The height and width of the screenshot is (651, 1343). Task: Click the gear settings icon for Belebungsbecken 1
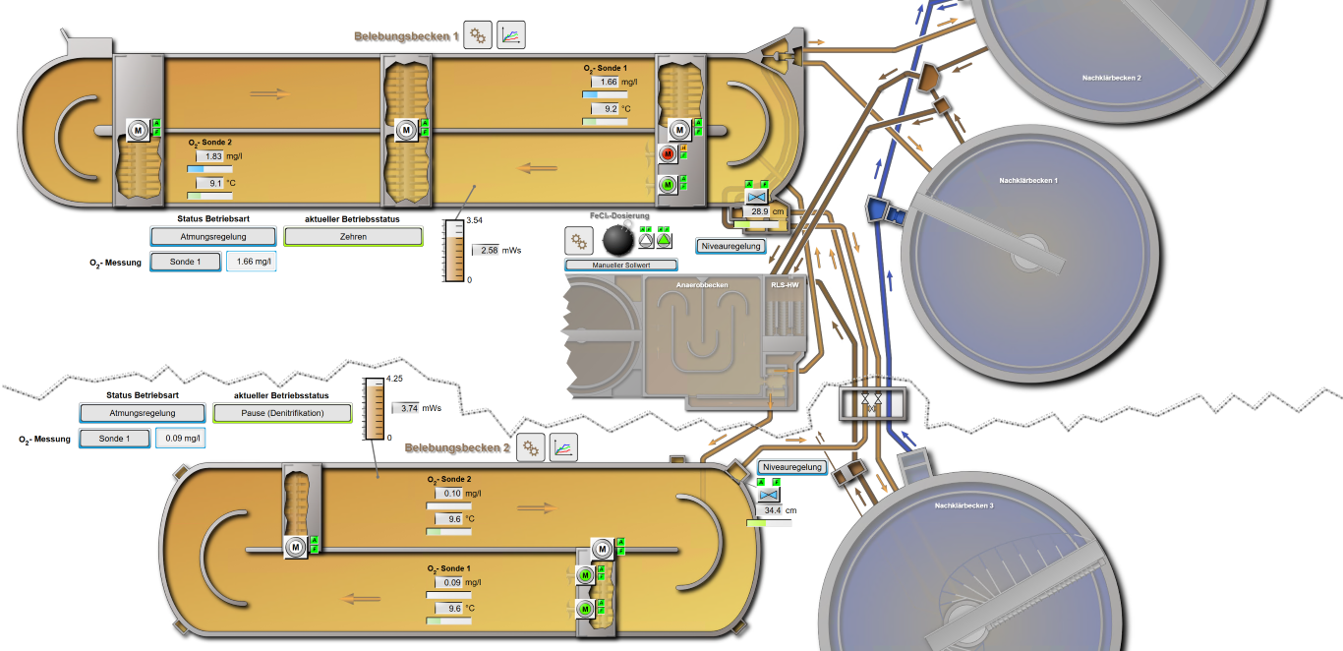click(x=478, y=35)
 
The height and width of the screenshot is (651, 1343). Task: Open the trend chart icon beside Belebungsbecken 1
click(x=511, y=35)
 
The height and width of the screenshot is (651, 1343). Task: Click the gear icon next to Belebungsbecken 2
click(x=531, y=447)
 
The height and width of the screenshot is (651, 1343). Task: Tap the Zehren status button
click(x=353, y=236)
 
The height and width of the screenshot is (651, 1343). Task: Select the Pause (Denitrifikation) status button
click(x=282, y=413)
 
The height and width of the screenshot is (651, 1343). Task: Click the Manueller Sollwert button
click(x=621, y=266)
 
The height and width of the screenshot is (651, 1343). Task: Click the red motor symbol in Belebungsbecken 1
click(x=669, y=153)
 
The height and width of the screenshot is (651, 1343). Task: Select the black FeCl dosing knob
click(x=616, y=238)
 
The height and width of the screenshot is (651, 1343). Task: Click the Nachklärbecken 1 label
click(x=1027, y=180)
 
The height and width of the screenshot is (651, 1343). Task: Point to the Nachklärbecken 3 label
click(x=963, y=505)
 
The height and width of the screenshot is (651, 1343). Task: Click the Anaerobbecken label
click(x=702, y=285)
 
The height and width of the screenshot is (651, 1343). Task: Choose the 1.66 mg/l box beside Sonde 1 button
click(x=252, y=262)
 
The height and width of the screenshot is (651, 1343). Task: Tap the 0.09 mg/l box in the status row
click(x=181, y=439)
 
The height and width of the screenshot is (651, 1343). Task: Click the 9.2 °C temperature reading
click(x=608, y=109)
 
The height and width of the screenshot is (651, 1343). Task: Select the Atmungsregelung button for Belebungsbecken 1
click(x=212, y=236)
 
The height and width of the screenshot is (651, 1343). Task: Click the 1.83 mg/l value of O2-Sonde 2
click(x=211, y=156)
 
